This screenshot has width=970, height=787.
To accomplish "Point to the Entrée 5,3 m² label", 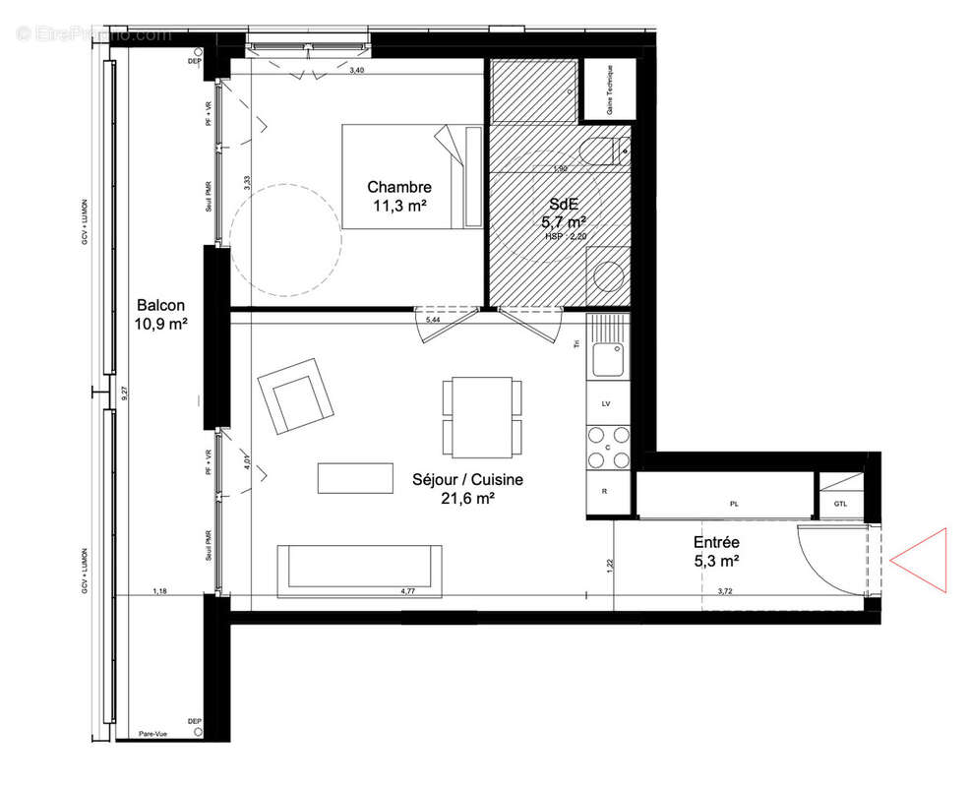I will click(716, 551).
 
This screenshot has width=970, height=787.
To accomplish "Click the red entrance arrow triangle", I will click(923, 561).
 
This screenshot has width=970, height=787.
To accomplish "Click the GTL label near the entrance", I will click(839, 503).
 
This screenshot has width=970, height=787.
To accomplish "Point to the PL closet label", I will click(734, 503).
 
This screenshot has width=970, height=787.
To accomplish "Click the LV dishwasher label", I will click(607, 404).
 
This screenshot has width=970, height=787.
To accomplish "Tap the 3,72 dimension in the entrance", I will click(726, 591).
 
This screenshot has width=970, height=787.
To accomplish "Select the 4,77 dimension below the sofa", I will click(407, 591).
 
